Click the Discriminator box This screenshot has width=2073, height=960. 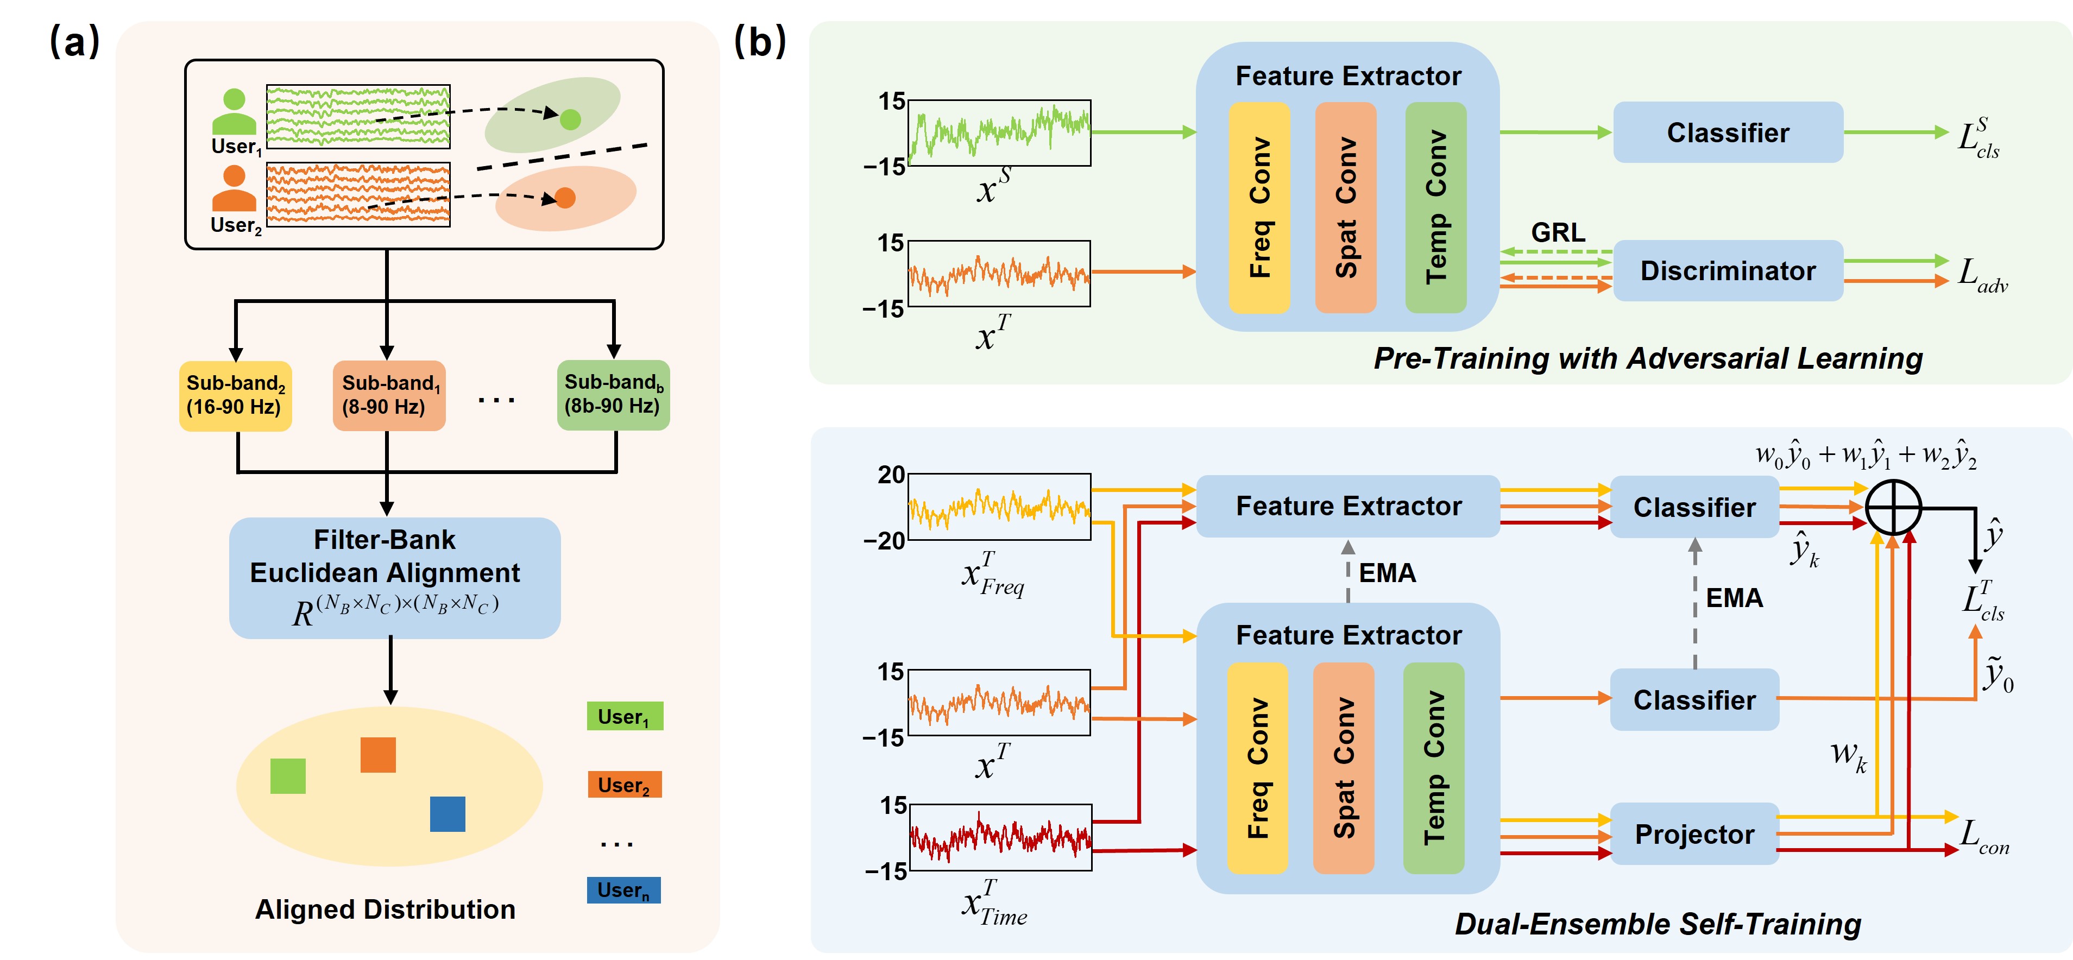[x=1727, y=270]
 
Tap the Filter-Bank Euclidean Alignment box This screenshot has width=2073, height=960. [x=394, y=577]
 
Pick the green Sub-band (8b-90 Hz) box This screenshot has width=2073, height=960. [x=613, y=394]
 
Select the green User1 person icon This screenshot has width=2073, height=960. [x=234, y=112]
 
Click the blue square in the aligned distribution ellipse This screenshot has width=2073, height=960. [x=448, y=813]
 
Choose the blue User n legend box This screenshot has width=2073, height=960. [x=623, y=889]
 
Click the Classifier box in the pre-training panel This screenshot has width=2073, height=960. [x=1727, y=132]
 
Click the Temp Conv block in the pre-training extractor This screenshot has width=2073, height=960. [x=1435, y=207]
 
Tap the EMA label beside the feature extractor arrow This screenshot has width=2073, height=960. [x=1387, y=573]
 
